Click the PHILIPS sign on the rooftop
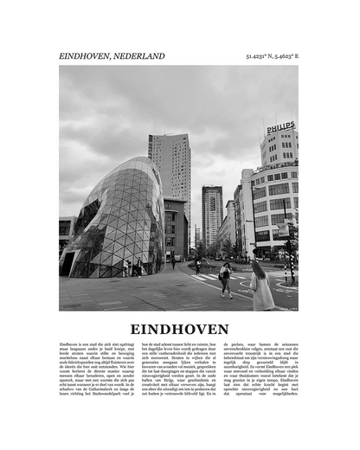click(x=280, y=128)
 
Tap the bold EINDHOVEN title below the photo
click(x=180, y=330)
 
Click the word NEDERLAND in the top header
click(x=138, y=56)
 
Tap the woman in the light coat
click(x=261, y=286)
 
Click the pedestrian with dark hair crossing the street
click(x=226, y=279)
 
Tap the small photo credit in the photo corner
click(x=286, y=307)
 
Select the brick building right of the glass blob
click(x=176, y=229)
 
